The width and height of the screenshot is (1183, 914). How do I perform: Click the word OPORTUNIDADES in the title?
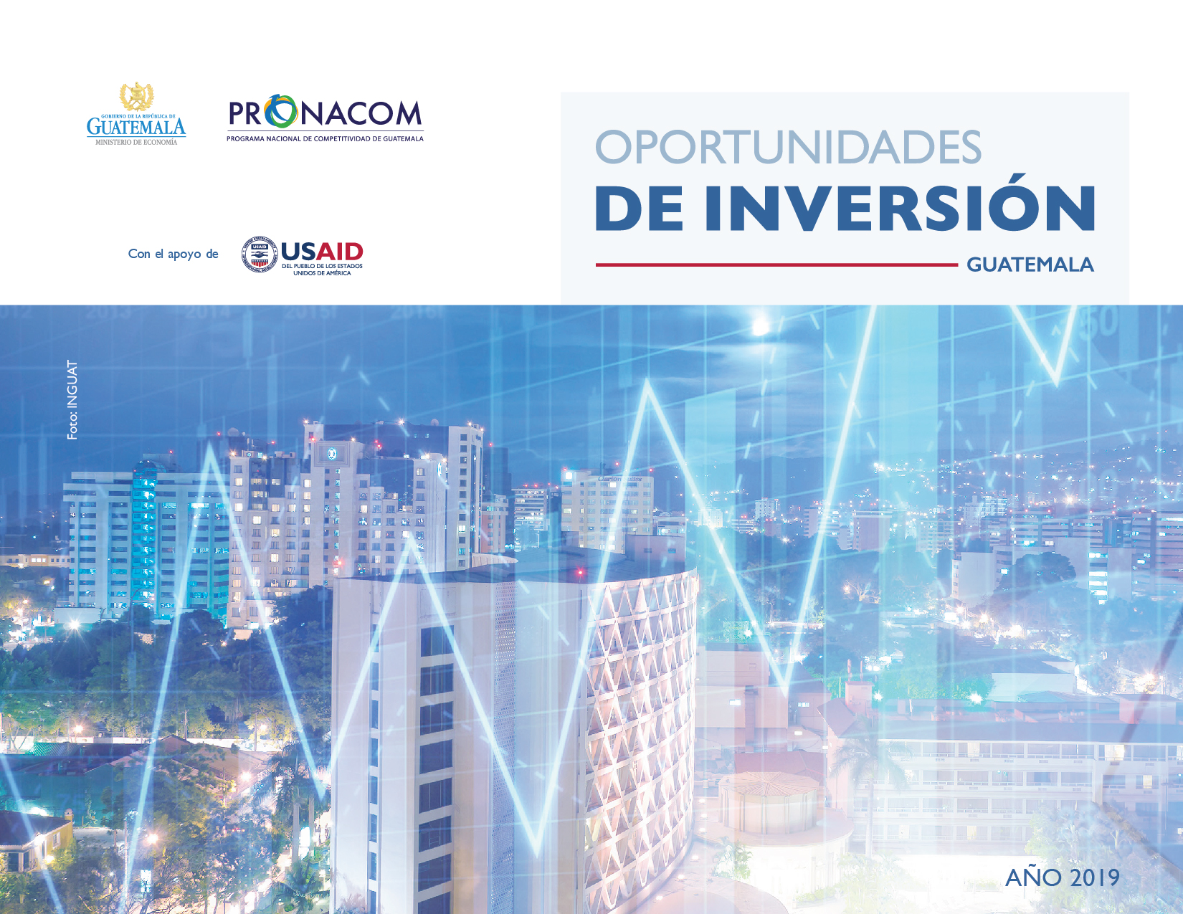788,146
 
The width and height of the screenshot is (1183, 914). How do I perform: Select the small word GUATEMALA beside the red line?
1030,265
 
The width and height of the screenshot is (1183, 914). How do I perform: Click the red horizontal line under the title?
777,265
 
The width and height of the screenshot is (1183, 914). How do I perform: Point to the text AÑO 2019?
1062,877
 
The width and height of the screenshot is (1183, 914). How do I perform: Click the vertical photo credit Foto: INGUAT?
72,400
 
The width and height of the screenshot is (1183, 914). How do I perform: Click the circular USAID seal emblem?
259,254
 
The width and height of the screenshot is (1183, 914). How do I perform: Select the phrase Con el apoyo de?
173,254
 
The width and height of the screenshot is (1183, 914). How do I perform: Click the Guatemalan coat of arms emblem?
136,97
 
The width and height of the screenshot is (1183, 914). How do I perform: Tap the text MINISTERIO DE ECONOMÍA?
136,142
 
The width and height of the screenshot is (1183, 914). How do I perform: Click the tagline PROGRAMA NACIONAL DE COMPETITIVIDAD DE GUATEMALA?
325,139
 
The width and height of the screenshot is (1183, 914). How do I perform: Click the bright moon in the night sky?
760,327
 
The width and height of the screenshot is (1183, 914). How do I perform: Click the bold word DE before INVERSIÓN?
640,209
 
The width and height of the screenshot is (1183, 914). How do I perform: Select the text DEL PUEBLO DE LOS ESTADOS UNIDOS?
322,269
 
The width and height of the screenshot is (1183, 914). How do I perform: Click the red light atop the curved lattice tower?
580,571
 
